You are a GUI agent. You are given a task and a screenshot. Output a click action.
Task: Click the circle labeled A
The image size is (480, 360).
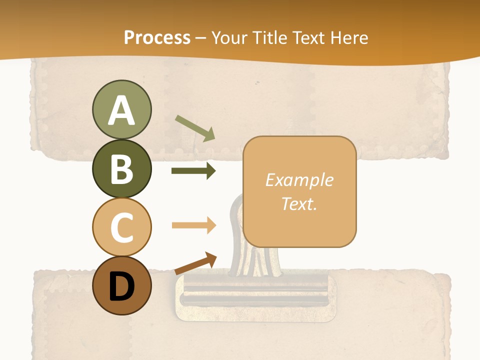click(x=121, y=109)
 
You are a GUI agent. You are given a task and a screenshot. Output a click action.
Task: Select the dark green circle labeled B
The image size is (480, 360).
click(x=121, y=168)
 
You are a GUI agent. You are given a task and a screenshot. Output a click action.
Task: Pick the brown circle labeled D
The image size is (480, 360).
click(x=121, y=285)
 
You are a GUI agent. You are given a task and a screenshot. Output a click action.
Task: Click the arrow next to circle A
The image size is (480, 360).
click(x=194, y=127)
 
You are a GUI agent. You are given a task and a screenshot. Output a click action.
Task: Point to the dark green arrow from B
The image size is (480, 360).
click(x=193, y=171)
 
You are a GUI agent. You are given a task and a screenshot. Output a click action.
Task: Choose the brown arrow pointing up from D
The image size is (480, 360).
click(x=195, y=263)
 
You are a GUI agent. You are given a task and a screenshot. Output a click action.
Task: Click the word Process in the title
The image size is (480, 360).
click(x=157, y=37)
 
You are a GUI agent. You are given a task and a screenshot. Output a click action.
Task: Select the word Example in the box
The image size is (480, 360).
click(x=299, y=180)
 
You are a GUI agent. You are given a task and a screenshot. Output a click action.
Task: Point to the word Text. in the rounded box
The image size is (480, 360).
click(x=299, y=203)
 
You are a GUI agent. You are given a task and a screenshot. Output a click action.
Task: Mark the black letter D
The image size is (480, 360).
click(x=121, y=286)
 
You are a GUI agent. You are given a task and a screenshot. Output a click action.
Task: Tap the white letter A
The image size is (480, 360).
click(x=121, y=110)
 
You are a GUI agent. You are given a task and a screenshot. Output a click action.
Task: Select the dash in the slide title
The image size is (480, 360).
click(x=201, y=38)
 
